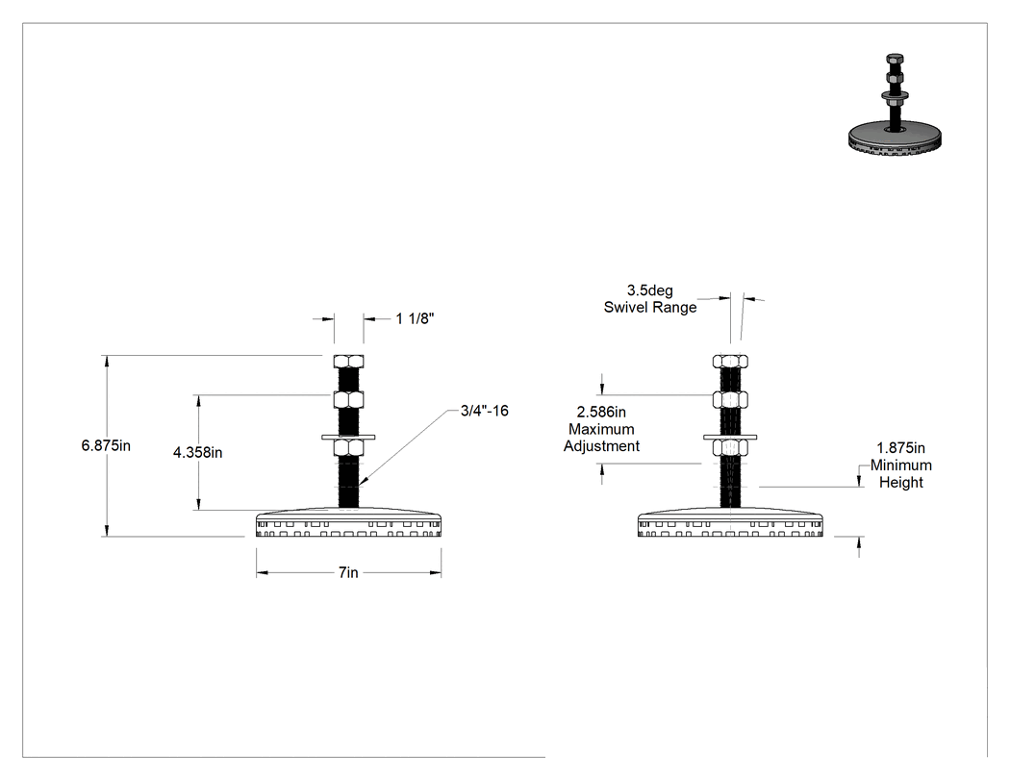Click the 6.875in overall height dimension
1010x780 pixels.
point(106,445)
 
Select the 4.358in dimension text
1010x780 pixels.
point(198,453)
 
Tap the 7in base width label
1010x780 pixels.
point(348,572)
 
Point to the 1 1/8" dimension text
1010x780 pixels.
point(415,318)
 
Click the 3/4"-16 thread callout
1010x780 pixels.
point(485,411)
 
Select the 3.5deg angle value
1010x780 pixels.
point(650,290)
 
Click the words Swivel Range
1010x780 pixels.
point(650,307)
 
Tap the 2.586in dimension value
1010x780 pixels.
point(601,413)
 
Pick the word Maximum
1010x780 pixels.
point(601,429)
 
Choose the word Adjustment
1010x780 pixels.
point(601,446)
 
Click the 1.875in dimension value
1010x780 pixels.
point(900,447)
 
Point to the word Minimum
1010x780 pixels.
point(900,465)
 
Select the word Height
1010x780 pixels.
point(900,483)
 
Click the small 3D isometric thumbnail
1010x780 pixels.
point(895,105)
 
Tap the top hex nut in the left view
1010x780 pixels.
point(348,362)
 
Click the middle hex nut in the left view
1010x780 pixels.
point(348,399)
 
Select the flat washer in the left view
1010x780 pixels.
point(348,438)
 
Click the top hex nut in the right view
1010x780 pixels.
point(730,362)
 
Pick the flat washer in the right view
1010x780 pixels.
point(730,438)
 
